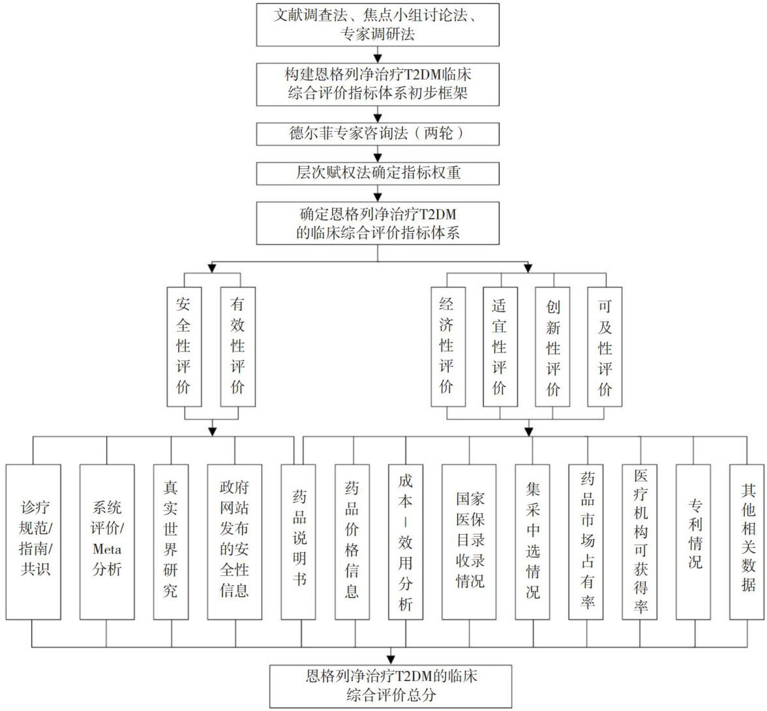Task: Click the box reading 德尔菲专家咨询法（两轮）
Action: [378, 134]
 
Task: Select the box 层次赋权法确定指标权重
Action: [378, 173]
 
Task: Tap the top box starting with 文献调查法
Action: [378, 24]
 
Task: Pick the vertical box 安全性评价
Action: [184, 346]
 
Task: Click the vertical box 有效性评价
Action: [237, 346]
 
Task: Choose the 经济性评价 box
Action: [447, 346]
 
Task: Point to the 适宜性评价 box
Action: [500, 346]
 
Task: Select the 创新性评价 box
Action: [553, 346]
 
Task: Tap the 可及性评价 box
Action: [605, 346]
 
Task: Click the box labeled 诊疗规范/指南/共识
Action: [33, 541]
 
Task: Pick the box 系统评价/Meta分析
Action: [107, 541]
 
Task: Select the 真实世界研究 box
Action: [170, 541]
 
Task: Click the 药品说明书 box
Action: [299, 541]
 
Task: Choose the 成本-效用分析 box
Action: [405, 541]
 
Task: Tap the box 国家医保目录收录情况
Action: [470, 541]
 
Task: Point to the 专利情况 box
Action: [693, 541]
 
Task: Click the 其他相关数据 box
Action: [747, 541]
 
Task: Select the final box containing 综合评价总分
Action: [391, 686]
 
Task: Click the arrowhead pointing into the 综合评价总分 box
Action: [391, 659]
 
